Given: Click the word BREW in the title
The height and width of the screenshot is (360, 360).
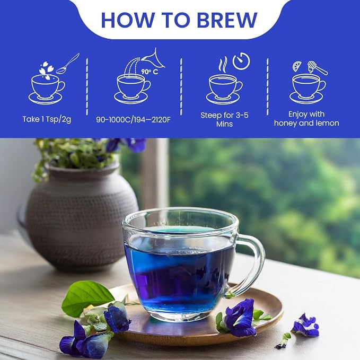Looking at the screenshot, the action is point(227,20).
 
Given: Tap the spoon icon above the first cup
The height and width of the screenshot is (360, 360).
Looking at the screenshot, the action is point(67,64).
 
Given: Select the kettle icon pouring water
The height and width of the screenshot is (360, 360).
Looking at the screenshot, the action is point(153,58).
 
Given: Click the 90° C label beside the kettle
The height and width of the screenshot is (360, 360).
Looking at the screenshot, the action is point(150,72).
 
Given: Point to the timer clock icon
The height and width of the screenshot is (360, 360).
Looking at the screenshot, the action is point(241,61).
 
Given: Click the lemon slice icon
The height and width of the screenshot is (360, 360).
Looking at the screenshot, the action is point(296,66).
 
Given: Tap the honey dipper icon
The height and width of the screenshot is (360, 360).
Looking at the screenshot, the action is point(317,68).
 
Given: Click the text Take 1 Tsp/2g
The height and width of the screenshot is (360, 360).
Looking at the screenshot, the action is point(47,119).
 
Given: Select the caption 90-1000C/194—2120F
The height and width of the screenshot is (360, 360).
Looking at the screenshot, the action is point(134,120).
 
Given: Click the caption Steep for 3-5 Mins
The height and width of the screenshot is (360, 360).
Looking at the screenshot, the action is point(224,119).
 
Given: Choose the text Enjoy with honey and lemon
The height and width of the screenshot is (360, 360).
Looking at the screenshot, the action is point(306,119).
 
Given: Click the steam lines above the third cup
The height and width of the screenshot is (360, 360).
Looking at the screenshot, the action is point(222,65).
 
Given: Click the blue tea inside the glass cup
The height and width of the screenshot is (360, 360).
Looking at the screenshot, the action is point(179,276).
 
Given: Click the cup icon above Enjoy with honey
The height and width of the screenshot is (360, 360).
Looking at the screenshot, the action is point(308,89).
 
